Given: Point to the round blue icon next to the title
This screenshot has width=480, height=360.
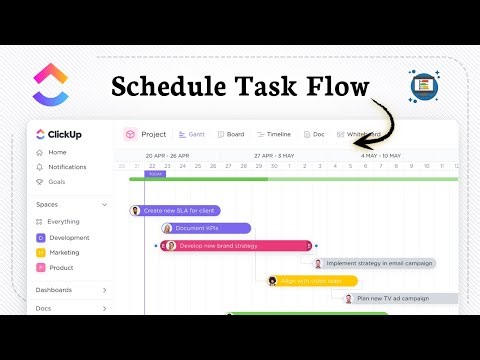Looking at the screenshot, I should coord(425,86).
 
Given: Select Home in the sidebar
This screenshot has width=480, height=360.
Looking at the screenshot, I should coord(57,152).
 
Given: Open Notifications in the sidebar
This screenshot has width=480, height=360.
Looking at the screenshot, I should coord(67,167).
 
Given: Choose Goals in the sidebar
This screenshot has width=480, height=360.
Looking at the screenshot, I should coord(58,182).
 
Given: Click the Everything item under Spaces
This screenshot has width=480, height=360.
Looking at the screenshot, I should coord(63,221).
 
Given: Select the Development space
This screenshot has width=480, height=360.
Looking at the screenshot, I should coord(68,238).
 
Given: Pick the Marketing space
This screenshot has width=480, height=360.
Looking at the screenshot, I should coord(64,253).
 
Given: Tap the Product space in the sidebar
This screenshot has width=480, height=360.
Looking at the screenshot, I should coord(61,268).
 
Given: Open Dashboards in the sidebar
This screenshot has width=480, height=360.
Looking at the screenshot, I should coord(55,290).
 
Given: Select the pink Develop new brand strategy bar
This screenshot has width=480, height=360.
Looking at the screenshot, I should coord(236,245).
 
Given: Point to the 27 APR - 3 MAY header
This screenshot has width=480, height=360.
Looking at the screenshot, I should coord(273,156).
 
